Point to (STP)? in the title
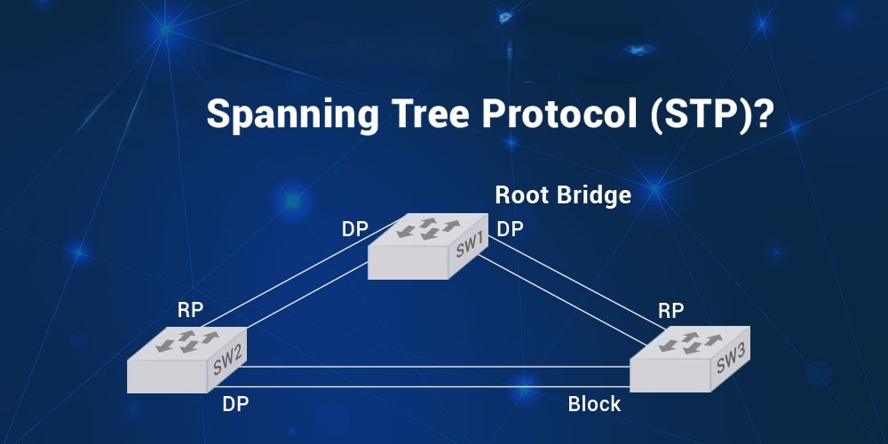[x=711, y=116]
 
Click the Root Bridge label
[x=563, y=195]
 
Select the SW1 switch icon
[x=428, y=246]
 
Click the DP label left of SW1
[x=355, y=229]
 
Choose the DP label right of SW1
[x=510, y=229]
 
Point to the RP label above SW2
[x=190, y=310]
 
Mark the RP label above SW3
[x=670, y=311]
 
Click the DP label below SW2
[x=235, y=404]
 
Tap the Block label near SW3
[x=594, y=404]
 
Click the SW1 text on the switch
[x=469, y=246]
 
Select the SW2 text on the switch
[x=227, y=361]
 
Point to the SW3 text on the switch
[x=731, y=360]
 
